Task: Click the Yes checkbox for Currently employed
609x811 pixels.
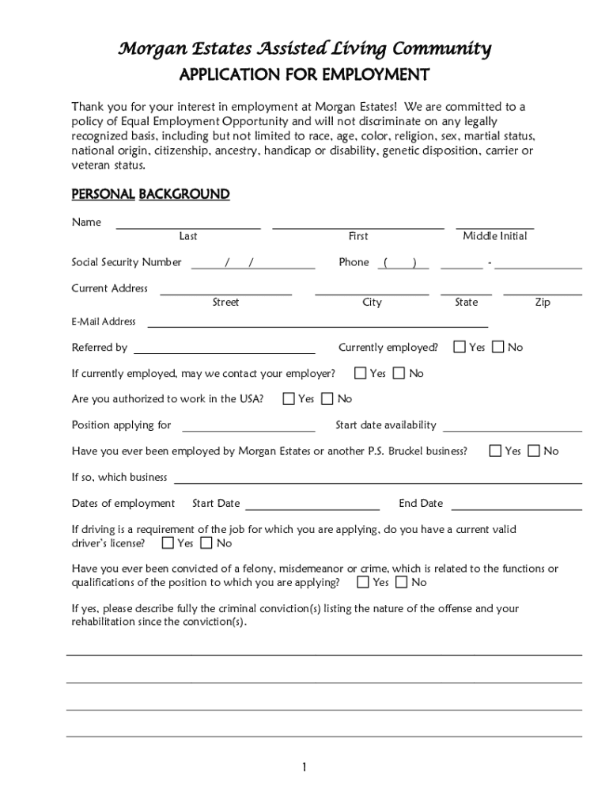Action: (460, 347)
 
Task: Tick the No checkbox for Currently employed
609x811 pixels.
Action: (498, 347)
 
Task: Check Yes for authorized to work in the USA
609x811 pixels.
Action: (289, 398)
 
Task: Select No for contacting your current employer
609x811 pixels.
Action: (399, 373)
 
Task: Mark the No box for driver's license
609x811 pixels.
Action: (206, 543)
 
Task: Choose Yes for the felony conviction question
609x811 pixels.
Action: (363, 582)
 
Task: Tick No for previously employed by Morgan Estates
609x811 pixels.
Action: (534, 451)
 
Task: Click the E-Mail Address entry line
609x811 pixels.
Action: (317, 325)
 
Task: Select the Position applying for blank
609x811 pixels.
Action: (248, 429)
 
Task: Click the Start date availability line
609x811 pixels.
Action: (512, 429)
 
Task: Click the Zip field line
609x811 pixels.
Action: (543, 293)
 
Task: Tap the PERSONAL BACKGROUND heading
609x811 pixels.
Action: (150, 194)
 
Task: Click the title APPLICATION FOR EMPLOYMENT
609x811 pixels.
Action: (304, 75)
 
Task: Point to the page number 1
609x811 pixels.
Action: (304, 767)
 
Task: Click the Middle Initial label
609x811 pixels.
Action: (494, 236)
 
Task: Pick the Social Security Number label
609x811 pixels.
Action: (127, 262)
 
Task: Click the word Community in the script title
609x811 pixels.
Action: (446, 49)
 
